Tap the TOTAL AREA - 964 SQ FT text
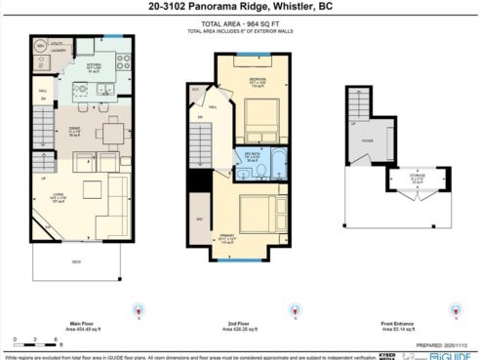239,22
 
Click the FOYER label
367,140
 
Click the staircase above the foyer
358,103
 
